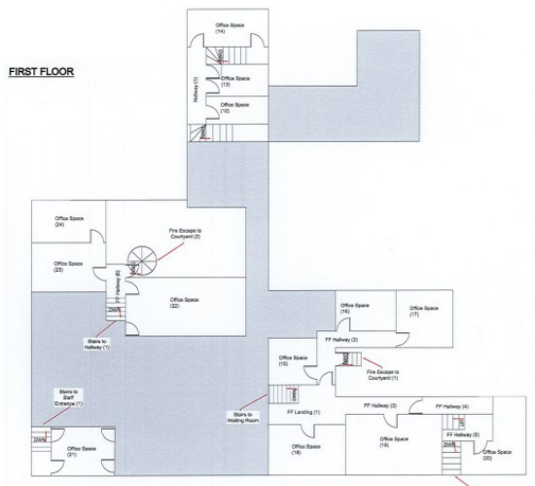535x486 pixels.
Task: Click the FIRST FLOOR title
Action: coord(41,72)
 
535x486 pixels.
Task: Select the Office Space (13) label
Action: coord(235,81)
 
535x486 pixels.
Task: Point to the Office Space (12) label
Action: coord(235,107)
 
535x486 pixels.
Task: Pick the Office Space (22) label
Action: coord(183,302)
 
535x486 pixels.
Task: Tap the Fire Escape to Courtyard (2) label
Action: coord(183,234)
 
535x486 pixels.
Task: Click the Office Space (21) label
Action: coord(80,451)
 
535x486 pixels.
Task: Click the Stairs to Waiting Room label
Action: coord(243,417)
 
